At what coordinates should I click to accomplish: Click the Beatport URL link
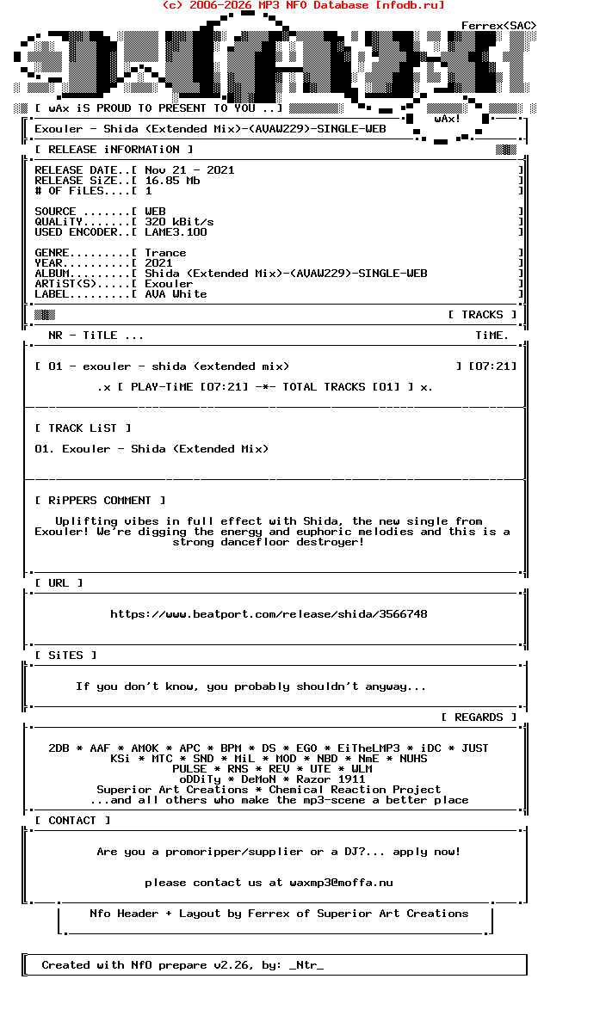269,614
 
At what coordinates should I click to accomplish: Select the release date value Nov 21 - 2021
189,170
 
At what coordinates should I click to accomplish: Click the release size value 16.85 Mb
172,181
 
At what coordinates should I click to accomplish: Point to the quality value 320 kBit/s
179,222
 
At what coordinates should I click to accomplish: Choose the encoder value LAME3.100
176,232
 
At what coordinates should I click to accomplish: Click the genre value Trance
165,253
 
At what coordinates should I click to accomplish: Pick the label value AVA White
176,294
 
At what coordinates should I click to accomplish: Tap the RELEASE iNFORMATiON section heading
108,150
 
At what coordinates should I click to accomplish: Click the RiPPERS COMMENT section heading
101,501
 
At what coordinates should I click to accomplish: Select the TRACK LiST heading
83,428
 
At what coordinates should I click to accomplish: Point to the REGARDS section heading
479,717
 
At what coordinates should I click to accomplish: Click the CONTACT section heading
73,821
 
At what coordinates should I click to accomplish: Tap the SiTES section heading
66,656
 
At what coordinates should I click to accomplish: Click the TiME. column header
492,336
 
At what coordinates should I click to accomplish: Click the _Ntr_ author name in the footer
306,965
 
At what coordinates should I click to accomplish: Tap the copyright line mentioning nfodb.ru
303,5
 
